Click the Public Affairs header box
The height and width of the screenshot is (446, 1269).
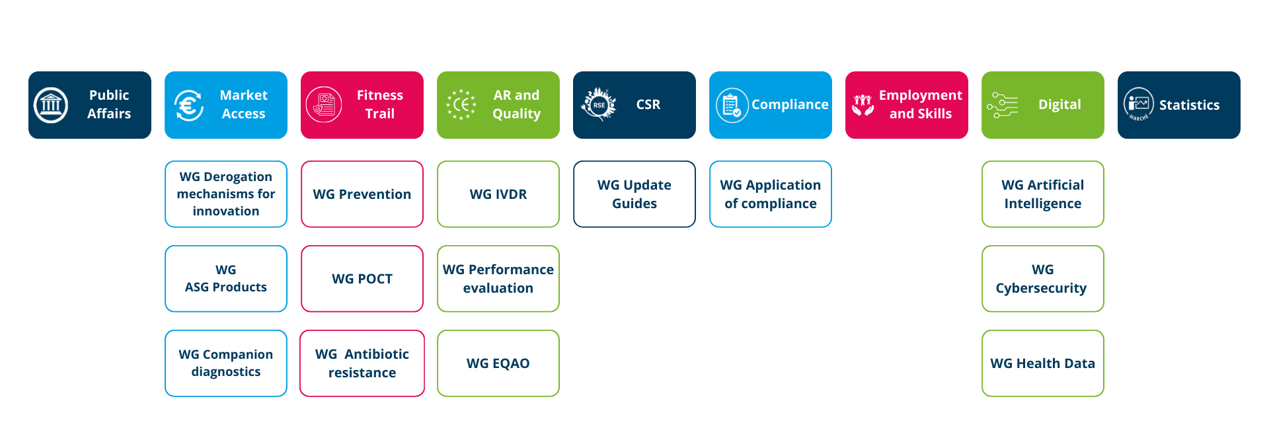[90, 105]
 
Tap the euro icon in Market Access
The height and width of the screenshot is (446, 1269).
[189, 105]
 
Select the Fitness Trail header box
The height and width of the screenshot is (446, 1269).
[362, 105]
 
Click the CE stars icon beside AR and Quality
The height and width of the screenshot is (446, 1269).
[461, 105]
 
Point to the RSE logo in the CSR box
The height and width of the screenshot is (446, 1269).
[599, 104]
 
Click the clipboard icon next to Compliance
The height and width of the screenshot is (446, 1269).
[732, 105]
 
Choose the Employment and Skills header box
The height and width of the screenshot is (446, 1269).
[907, 105]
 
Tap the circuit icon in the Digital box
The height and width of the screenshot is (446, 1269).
[1003, 105]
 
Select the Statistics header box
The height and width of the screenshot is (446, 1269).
[1179, 105]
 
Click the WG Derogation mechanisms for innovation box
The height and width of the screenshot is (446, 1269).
[226, 194]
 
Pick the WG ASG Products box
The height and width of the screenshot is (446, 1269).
[226, 279]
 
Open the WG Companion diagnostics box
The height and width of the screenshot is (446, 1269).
[226, 363]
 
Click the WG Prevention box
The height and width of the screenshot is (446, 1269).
[362, 194]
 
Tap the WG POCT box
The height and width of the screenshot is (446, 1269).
[362, 279]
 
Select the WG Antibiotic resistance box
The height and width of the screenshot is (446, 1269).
[362, 363]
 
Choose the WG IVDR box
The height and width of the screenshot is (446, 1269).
[498, 194]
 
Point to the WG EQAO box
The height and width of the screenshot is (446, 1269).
[498, 363]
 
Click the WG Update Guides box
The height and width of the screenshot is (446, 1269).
[634, 194]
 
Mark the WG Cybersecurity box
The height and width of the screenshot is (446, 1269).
[1043, 279]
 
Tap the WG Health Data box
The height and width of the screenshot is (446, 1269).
[1043, 363]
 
